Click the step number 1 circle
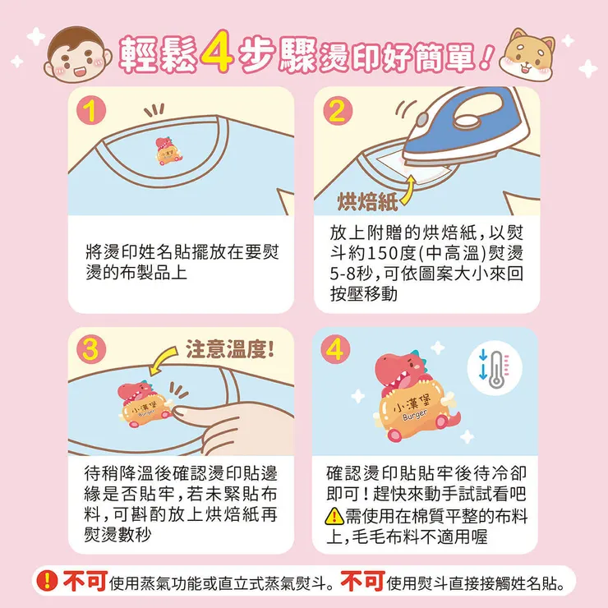(94, 110)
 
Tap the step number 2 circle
(336, 110)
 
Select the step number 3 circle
(94, 349)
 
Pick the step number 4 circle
(336, 349)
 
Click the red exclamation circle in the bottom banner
(48, 581)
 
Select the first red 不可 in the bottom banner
(85, 582)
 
